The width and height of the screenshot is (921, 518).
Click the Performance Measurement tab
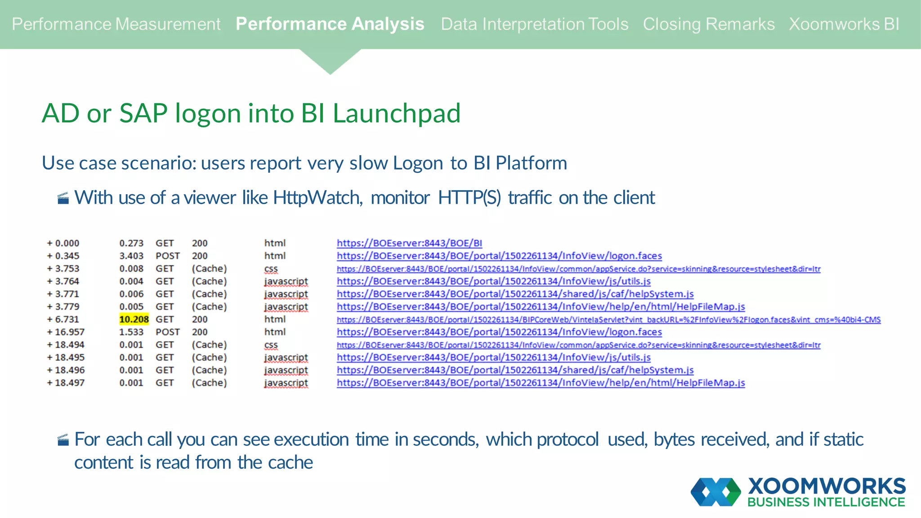116,24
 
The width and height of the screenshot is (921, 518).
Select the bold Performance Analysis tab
330,24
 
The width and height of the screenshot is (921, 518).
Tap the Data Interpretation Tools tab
534,24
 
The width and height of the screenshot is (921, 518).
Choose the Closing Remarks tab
708,24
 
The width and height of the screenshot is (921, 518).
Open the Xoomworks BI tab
844,24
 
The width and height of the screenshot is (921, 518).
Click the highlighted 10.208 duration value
134,319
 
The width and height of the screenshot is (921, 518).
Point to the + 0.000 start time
63,243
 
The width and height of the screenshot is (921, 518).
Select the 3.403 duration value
131,256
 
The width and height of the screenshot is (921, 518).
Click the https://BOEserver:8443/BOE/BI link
409,243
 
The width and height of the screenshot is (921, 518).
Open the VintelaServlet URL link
608,320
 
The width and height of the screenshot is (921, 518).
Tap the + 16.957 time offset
66,332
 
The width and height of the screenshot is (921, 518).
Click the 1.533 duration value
131,332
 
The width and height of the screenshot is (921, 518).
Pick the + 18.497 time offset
66,383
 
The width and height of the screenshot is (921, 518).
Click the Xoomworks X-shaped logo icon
715,492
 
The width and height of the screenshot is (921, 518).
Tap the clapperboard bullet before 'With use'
63,198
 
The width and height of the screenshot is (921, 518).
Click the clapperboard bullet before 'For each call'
63,440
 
